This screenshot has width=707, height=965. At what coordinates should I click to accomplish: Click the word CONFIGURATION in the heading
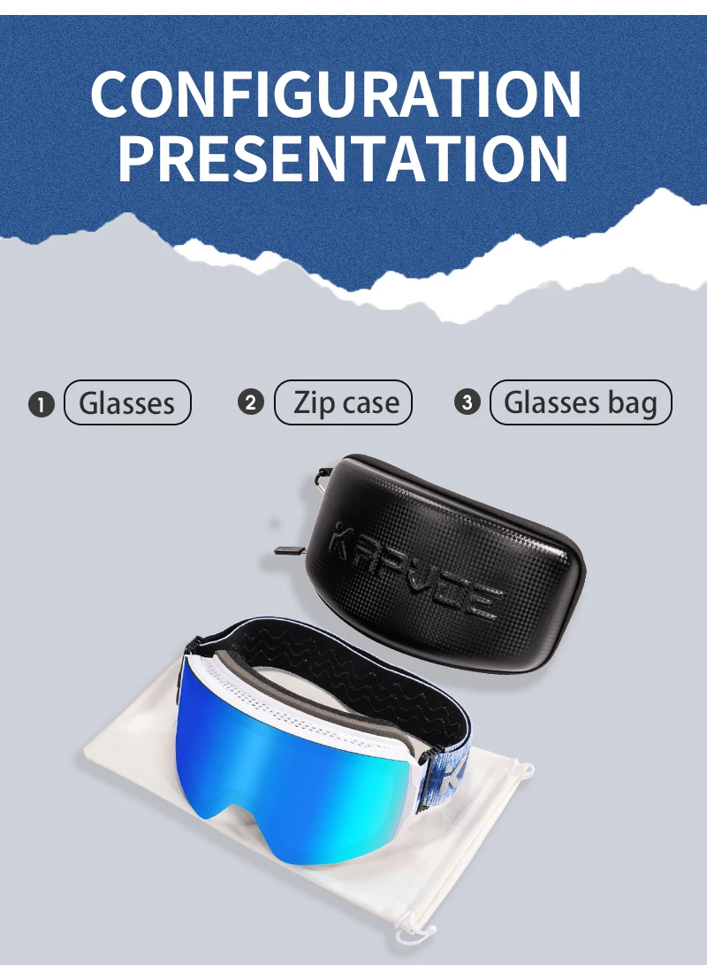coord(336,94)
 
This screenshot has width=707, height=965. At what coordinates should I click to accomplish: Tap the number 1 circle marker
coord(42,405)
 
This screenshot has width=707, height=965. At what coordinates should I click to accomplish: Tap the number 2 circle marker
coord(250,402)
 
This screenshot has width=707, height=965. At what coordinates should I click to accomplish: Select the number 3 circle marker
coord(468,402)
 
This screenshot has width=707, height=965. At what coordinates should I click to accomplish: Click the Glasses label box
coord(127,402)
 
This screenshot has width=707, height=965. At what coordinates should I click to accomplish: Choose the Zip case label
coord(342,402)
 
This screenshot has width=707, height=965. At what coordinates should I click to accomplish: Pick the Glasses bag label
coord(581,402)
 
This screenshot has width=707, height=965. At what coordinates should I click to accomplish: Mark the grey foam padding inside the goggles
coord(320,695)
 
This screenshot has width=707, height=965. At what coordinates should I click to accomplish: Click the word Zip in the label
coord(314,402)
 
